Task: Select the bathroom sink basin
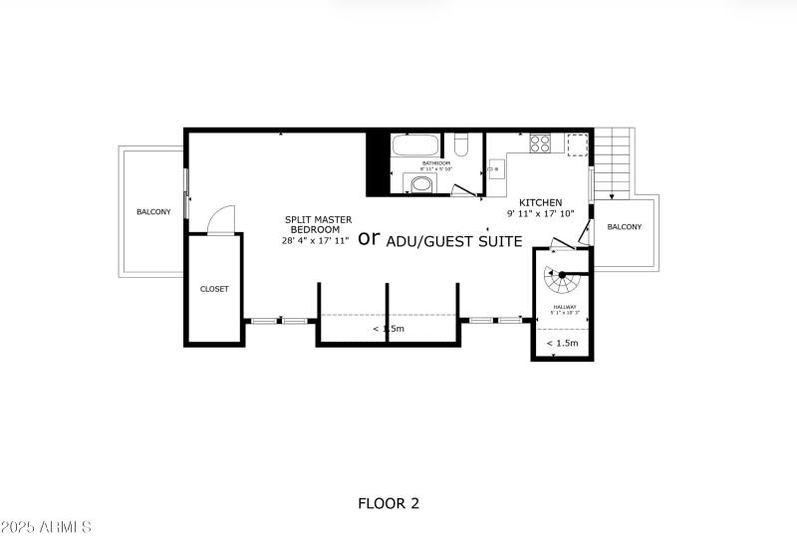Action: pyautogui.click(x=421, y=184)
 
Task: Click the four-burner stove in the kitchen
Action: pyautogui.click(x=539, y=143)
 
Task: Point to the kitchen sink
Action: pyautogui.click(x=495, y=170)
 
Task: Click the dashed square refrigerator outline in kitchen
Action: pyautogui.click(x=577, y=144)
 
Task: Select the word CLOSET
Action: pyautogui.click(x=214, y=289)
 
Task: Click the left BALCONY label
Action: pyautogui.click(x=153, y=211)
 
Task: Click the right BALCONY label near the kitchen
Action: pyautogui.click(x=625, y=227)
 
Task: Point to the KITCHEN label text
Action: pyautogui.click(x=541, y=201)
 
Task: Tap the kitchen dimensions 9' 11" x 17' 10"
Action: pyautogui.click(x=541, y=213)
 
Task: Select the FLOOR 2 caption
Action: pyautogui.click(x=389, y=503)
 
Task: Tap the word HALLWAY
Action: pyautogui.click(x=566, y=307)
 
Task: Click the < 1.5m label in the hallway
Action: pyautogui.click(x=562, y=344)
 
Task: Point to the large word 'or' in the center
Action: pyautogui.click(x=369, y=238)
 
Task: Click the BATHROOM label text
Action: pyautogui.click(x=436, y=162)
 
